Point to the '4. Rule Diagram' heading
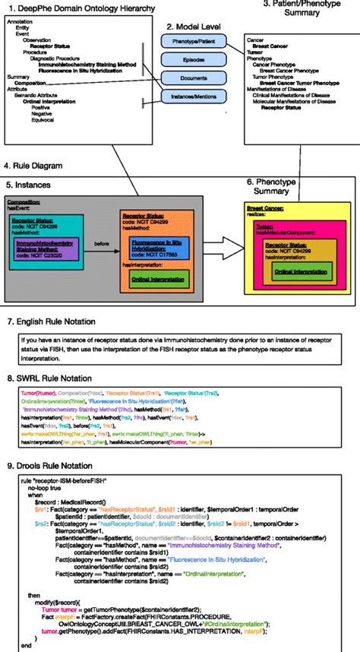33,166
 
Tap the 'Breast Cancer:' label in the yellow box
269,210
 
